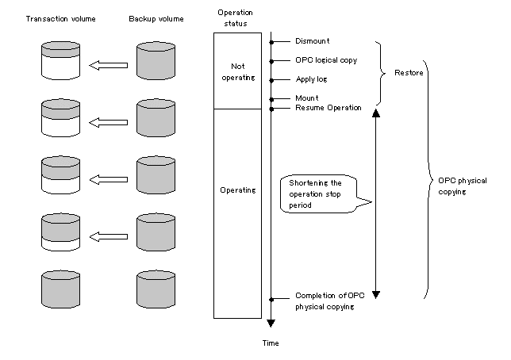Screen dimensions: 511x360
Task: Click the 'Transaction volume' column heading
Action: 60,19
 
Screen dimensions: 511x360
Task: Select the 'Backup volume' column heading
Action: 156,19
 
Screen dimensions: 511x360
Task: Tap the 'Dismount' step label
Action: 312,41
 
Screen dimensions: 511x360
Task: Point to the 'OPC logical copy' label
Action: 326,60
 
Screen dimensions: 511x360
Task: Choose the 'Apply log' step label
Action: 311,79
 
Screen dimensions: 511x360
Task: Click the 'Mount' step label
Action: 306,98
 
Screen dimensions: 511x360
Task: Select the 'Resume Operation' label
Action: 328,108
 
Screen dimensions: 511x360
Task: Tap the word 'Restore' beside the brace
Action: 409,73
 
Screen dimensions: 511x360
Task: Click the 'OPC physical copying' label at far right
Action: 462,186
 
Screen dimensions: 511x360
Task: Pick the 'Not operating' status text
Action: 238,71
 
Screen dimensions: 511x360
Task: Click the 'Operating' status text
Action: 238,190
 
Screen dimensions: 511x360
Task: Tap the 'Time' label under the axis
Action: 271,343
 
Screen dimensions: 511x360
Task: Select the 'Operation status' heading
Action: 236,18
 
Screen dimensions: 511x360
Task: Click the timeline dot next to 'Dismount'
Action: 271,42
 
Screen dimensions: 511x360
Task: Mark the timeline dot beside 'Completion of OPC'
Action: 271,300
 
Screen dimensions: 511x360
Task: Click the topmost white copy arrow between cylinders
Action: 108,65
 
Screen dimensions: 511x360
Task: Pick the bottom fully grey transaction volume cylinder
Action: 60,289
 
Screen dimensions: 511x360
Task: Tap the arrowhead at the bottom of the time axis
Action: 271,324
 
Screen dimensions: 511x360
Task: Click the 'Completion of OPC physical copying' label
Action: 330,301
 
